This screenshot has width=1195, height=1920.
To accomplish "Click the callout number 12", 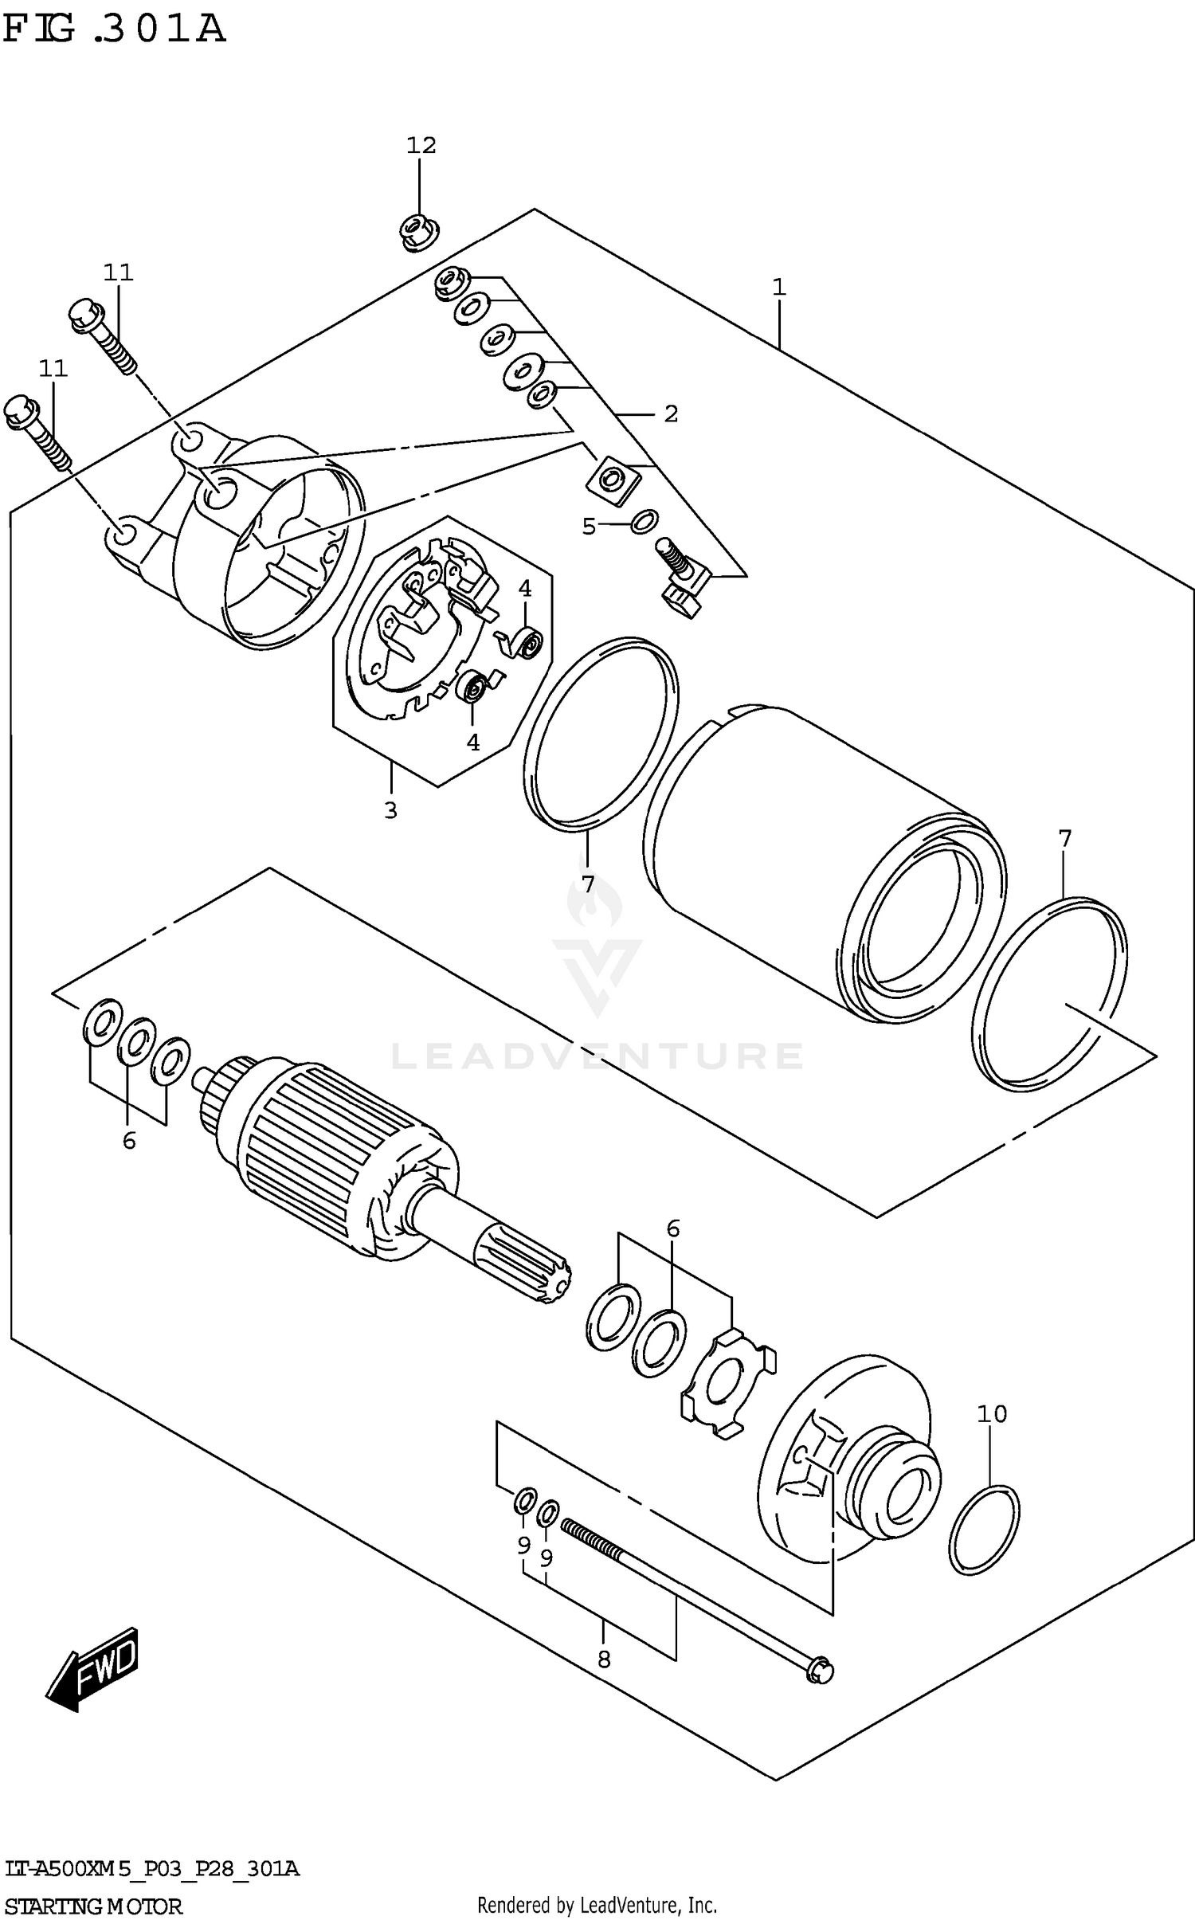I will click(x=421, y=145).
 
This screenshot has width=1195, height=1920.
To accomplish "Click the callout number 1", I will click(x=778, y=287).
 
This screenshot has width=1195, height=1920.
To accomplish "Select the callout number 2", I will click(x=671, y=413).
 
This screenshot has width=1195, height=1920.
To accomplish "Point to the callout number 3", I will click(x=390, y=810).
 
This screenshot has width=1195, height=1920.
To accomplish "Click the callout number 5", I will click(x=589, y=526).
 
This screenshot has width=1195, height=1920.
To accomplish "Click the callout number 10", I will click(x=992, y=1414).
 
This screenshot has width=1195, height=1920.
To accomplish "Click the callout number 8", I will click(x=603, y=1659).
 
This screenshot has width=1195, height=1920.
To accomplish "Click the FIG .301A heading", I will click(x=114, y=29).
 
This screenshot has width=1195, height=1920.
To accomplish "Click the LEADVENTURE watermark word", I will click(x=597, y=1056).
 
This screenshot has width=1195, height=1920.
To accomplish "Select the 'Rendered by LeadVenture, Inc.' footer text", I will click(x=597, y=1899).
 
